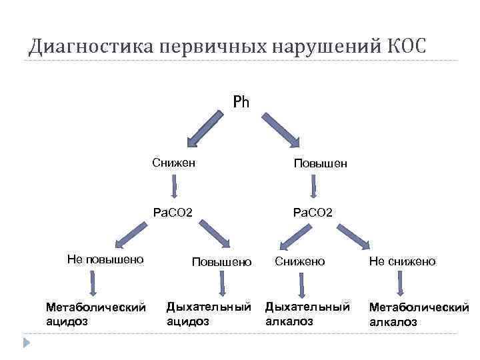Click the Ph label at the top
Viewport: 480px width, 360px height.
241,102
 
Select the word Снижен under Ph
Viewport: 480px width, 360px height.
173,162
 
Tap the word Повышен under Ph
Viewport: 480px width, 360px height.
320,163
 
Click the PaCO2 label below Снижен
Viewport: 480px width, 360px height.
173,213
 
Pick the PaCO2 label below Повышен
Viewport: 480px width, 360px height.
313,213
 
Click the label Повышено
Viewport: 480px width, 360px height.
221,261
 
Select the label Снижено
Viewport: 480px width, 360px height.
300,261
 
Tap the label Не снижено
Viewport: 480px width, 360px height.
402,261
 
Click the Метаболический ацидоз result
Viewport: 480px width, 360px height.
95,313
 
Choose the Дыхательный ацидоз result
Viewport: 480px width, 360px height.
209,313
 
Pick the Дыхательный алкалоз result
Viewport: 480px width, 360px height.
307,313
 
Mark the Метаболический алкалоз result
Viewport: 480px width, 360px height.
419,314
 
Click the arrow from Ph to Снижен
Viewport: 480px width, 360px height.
204,129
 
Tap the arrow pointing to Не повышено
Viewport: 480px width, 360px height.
131,235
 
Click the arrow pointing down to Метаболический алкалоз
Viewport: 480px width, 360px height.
399,285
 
